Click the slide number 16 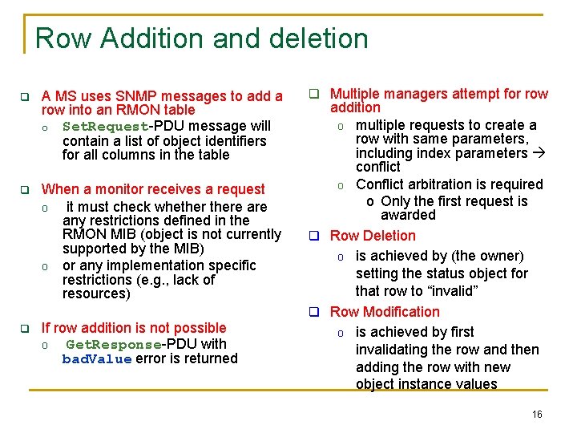point(537,415)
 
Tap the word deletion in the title point(319,38)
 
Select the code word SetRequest point(105,127)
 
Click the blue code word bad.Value point(97,359)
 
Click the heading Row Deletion point(373,236)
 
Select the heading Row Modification point(385,312)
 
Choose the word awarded point(408,215)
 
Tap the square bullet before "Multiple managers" point(316,95)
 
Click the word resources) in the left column point(96,293)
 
